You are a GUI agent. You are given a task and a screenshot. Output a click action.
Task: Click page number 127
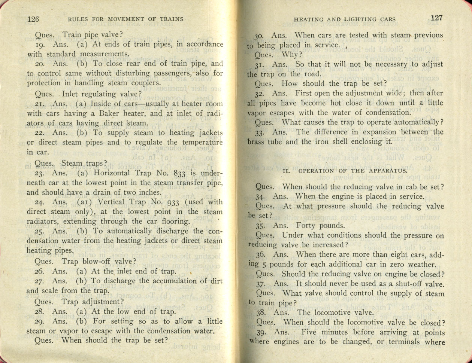click(x=436, y=18)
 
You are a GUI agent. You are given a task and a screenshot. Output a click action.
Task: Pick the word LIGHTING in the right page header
click(x=370, y=19)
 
